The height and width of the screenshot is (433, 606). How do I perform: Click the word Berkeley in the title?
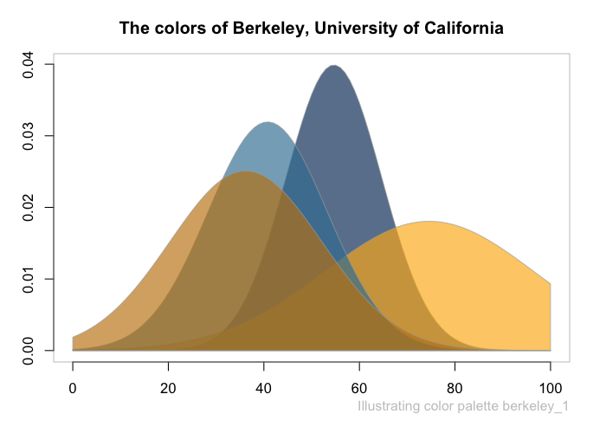(268, 29)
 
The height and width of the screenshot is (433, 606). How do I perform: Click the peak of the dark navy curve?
(333, 66)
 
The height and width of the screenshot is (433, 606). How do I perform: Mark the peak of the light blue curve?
(268, 122)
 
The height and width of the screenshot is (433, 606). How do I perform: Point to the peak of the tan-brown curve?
(246, 172)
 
